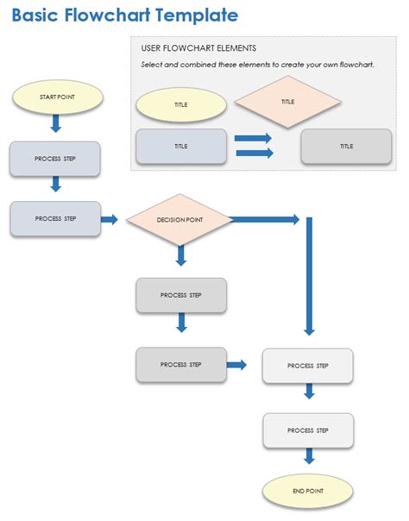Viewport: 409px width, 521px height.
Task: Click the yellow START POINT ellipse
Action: (58, 97)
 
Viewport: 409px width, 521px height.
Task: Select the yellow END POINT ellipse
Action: (307, 490)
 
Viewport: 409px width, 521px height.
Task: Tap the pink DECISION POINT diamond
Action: (180, 220)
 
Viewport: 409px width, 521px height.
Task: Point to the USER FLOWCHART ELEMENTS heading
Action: (198, 48)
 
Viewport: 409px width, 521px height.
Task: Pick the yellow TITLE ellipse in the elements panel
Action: (181, 104)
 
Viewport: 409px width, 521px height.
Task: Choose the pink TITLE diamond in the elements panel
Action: (287, 102)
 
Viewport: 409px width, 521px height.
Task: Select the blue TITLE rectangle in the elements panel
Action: (181, 147)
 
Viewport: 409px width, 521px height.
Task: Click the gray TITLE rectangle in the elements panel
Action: (346, 147)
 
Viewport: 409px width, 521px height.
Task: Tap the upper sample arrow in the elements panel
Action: (253, 138)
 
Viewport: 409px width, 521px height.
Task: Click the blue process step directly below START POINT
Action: (55, 159)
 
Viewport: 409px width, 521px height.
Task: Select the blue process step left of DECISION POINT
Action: (55, 219)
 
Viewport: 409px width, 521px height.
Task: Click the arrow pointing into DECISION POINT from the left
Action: (110, 220)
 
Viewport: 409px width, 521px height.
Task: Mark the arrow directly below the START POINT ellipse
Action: (56, 123)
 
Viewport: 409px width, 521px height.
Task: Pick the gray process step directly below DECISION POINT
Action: (181, 295)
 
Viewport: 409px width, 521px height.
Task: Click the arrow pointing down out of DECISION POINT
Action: (181, 254)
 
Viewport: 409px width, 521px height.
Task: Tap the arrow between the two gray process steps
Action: (181, 323)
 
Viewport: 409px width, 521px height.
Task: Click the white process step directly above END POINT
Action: (308, 430)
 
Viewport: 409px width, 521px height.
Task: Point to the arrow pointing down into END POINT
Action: (308, 459)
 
